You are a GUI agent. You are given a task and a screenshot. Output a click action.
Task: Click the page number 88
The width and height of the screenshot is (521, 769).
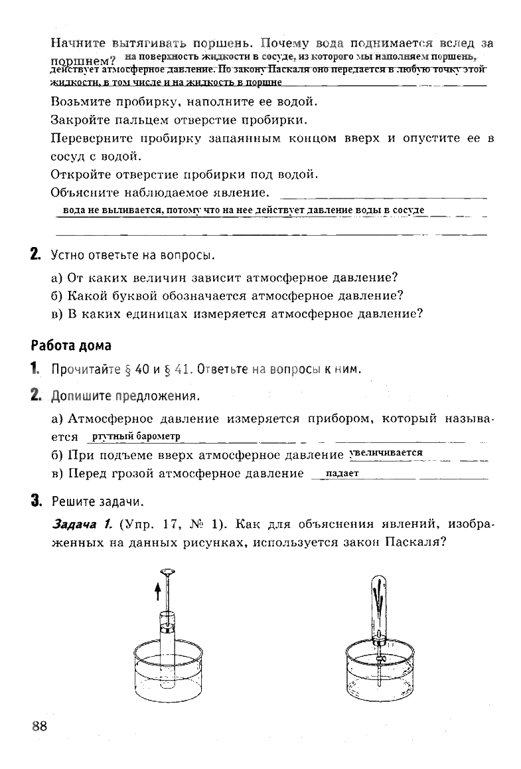tap(40, 725)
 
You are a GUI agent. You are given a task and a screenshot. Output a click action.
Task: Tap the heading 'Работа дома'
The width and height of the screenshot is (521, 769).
tap(70, 346)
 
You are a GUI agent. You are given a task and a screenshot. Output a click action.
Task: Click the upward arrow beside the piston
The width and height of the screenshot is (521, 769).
tap(158, 590)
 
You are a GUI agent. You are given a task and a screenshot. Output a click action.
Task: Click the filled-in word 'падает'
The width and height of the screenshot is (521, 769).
tap(342, 473)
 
